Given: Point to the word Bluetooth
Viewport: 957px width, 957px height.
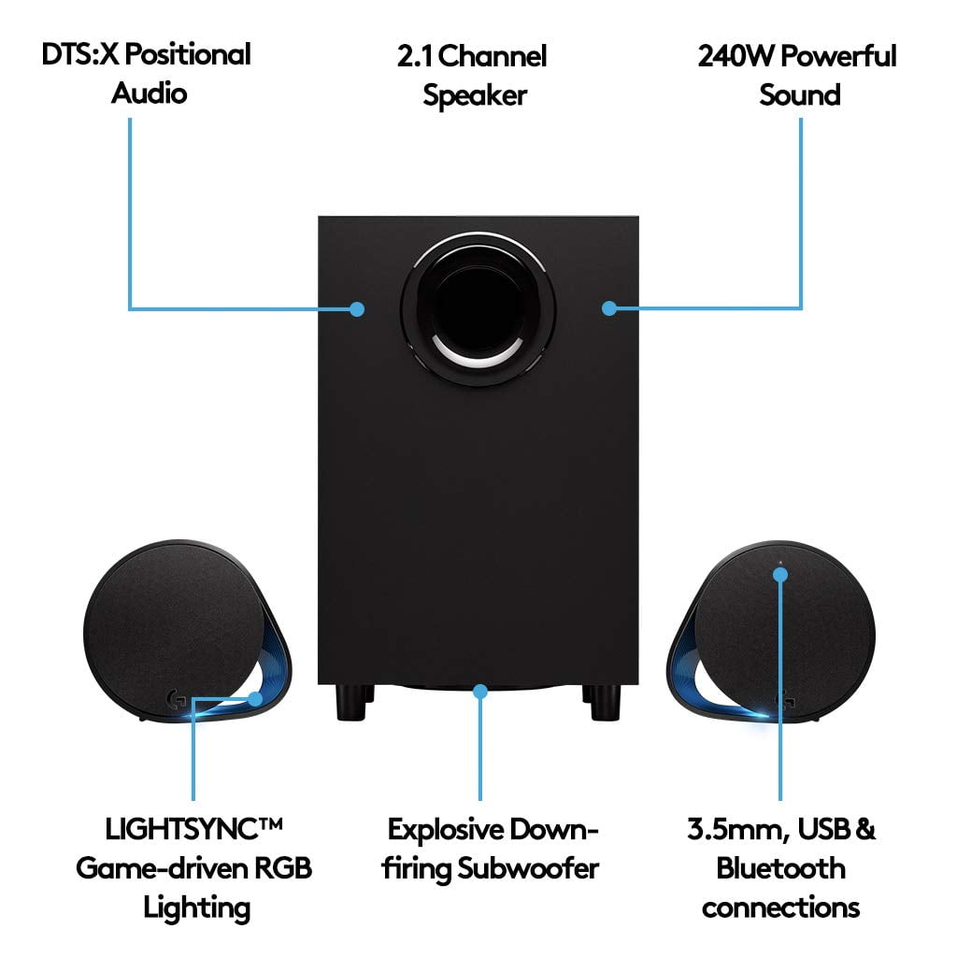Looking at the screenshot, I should tap(780, 867).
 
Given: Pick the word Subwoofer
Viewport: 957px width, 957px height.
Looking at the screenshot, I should tap(528, 868).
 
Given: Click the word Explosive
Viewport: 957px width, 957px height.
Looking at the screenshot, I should tap(447, 829).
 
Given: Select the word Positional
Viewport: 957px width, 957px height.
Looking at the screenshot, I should tap(190, 54).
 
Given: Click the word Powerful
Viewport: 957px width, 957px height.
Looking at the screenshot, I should tap(837, 55).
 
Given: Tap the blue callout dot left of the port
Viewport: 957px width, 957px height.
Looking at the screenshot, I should tap(356, 308).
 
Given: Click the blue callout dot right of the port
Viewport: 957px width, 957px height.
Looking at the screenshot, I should tap(609, 307).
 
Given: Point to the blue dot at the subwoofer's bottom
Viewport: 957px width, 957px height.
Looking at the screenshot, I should tap(481, 692).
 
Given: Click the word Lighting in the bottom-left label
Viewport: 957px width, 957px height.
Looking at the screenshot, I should tap(196, 907).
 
